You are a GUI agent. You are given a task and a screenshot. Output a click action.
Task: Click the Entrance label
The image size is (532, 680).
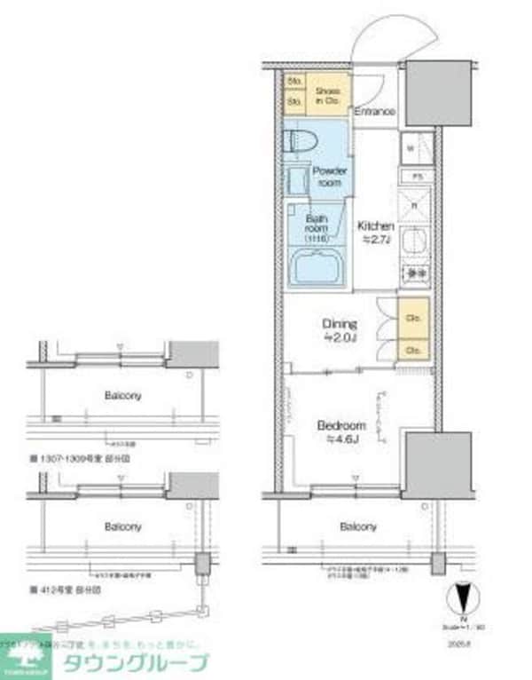click(x=374, y=112)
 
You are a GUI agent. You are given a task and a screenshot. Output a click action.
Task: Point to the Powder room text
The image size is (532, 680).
click(x=329, y=175)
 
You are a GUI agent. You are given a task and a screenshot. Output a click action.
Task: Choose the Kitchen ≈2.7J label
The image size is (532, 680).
click(x=375, y=233)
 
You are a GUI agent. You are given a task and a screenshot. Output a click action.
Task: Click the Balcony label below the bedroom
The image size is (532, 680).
click(x=358, y=526)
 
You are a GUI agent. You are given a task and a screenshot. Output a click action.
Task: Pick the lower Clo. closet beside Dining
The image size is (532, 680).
click(x=413, y=350)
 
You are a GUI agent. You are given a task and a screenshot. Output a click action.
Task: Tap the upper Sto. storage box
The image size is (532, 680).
click(x=293, y=82)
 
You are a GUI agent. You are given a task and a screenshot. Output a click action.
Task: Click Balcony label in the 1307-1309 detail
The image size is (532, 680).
click(x=122, y=395)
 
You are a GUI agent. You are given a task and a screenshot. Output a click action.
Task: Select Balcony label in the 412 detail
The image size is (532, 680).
click(x=122, y=526)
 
